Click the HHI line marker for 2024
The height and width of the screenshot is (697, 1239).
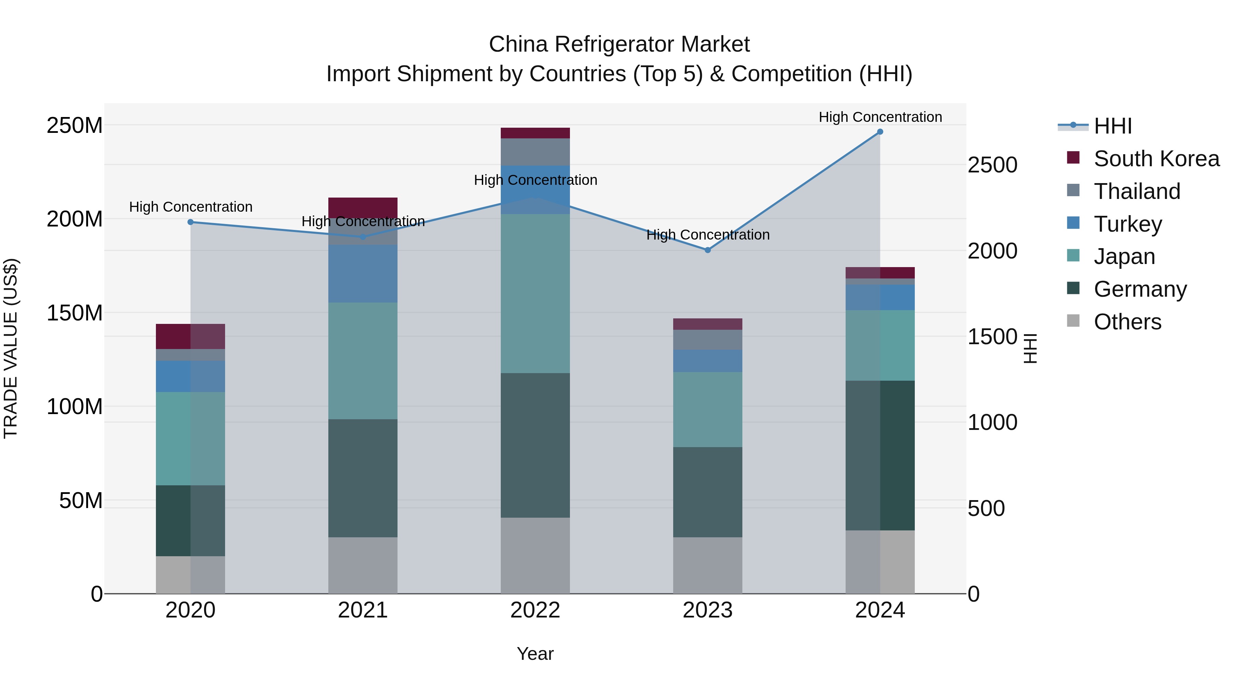click(880, 132)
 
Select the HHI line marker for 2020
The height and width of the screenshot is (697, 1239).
click(190, 222)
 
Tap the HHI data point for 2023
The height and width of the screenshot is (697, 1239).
click(708, 250)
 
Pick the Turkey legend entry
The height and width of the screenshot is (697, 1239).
click(1127, 224)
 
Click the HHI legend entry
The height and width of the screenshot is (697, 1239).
click(1112, 126)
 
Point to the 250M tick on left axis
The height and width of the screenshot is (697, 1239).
click(75, 126)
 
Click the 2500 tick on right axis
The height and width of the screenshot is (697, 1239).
click(992, 165)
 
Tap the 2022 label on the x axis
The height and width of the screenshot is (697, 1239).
click(535, 610)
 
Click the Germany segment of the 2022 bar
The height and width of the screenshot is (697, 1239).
click(535, 445)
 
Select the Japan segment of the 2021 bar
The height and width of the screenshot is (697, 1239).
click(363, 361)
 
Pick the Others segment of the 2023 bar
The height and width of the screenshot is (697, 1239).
click(708, 565)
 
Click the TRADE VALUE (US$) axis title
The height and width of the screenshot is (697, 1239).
click(11, 348)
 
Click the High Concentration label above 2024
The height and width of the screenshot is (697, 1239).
click(880, 117)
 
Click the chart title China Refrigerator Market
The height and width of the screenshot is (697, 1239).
click(619, 44)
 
